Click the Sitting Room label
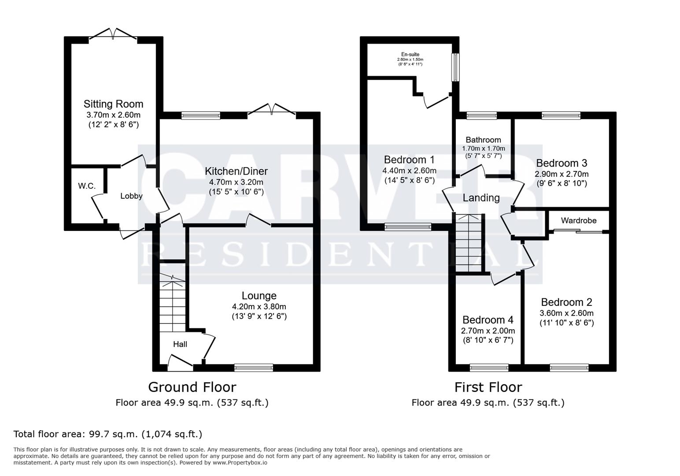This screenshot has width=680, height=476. point(113,104)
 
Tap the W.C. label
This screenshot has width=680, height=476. point(87,186)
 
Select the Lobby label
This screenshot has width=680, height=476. point(131,196)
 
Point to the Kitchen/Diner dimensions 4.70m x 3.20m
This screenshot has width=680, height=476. point(236,182)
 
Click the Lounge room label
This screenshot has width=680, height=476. point(259,296)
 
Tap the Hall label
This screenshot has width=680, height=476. point(180,344)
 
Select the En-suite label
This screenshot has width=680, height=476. point(410,54)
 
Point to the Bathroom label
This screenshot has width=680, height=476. point(483,140)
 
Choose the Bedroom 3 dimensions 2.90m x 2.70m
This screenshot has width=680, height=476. point(562,174)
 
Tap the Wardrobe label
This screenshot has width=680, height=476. point(579,220)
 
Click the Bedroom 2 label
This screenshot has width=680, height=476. point(566,302)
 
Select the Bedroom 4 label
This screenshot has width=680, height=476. point(488,320)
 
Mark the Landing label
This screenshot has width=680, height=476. point(481,198)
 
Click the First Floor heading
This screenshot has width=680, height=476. point(488,387)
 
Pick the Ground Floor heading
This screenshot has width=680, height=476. point(192,387)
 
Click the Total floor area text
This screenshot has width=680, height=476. point(108,434)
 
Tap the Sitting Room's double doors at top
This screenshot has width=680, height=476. point(114,34)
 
